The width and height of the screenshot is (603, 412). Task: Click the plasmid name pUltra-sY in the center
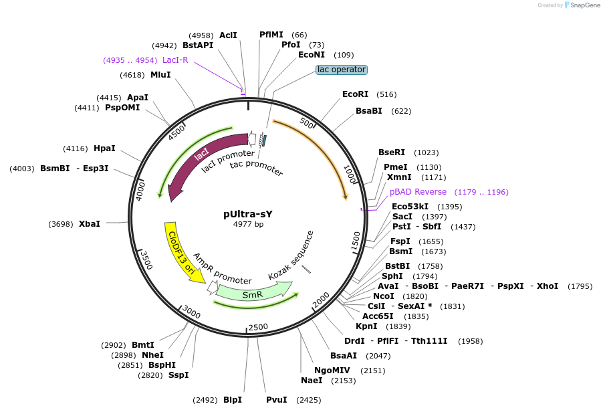pyautogui.click(x=248, y=214)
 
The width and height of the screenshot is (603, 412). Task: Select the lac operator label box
pyautogui.click(x=342, y=70)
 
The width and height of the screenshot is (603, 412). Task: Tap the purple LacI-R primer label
pyautogui.click(x=175, y=60)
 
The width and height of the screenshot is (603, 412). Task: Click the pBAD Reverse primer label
pyautogui.click(x=418, y=192)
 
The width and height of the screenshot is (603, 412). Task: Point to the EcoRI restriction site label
pyautogui.click(x=355, y=94)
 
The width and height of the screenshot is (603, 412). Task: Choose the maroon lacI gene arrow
pyautogui.click(x=201, y=161)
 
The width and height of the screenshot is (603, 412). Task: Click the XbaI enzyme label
pyautogui.click(x=90, y=223)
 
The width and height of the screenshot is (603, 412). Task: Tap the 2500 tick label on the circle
pyautogui.click(x=258, y=326)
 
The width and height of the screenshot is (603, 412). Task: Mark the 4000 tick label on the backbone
pyautogui.click(x=141, y=189)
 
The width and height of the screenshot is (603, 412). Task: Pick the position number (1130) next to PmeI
pyautogui.click(x=429, y=167)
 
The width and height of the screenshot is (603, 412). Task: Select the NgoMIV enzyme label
pyautogui.click(x=334, y=370)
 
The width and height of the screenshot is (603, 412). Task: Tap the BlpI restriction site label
pyautogui.click(x=233, y=400)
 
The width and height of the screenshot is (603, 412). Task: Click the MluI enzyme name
pyautogui.click(x=160, y=75)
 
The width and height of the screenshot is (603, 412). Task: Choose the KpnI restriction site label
pyautogui.click(x=366, y=326)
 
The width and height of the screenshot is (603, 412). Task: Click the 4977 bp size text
pyautogui.click(x=248, y=225)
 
